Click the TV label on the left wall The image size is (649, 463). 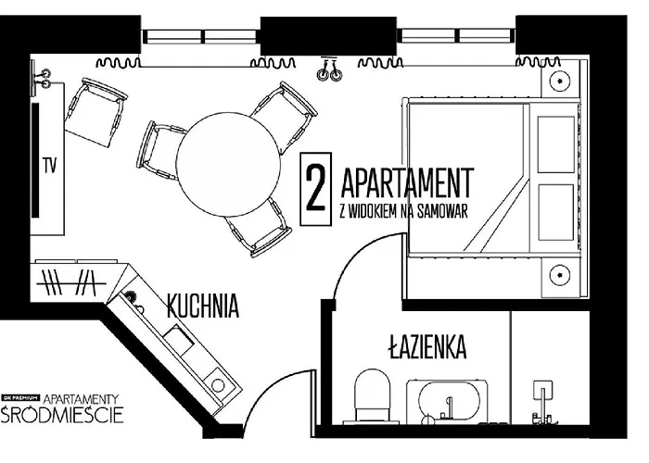point(49,166)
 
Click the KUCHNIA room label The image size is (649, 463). point(203,307)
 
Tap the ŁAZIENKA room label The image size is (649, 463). point(426,348)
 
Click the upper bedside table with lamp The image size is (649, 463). point(561,81)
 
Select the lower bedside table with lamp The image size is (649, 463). point(561,276)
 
